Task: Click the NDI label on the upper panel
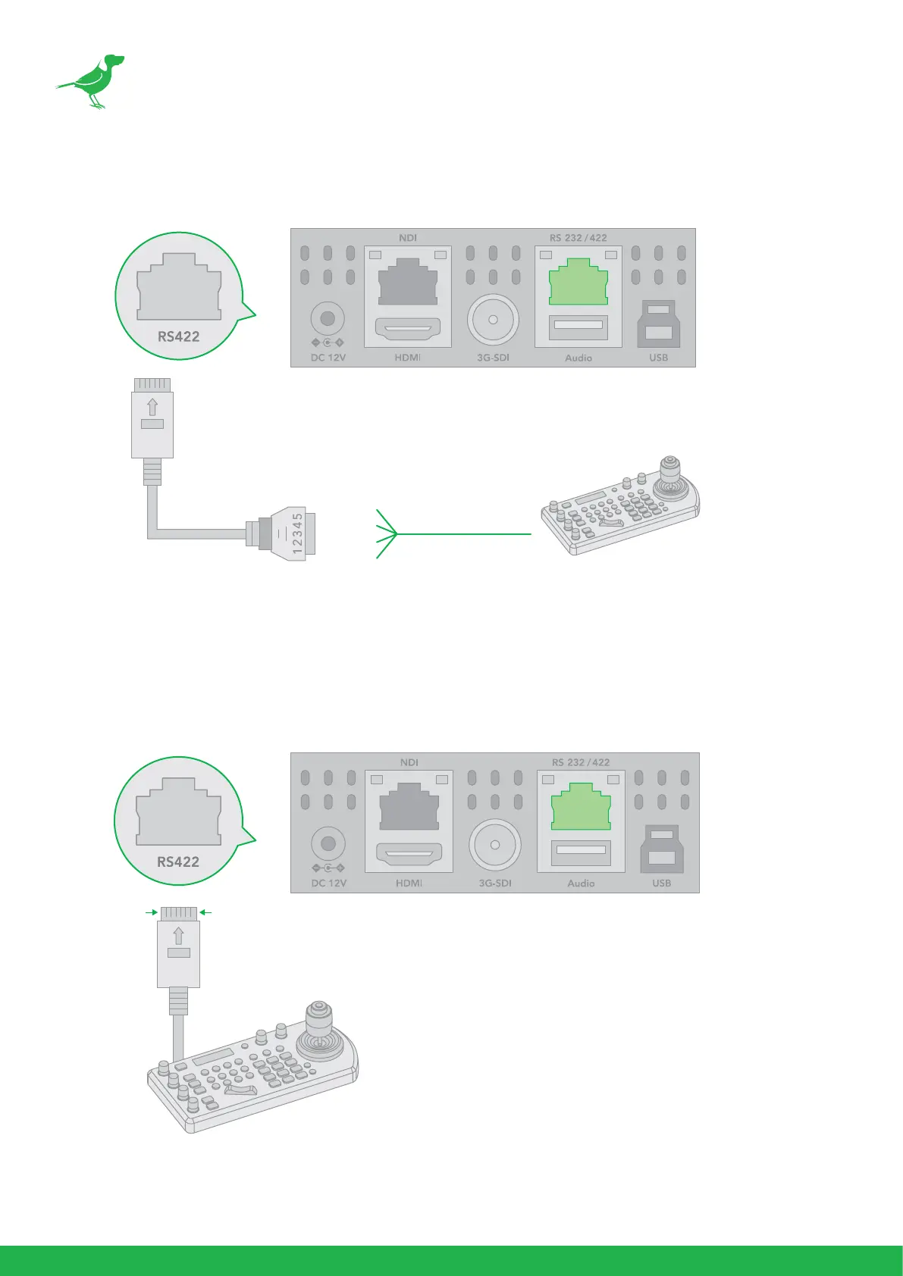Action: (x=408, y=238)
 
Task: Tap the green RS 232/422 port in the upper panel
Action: (x=578, y=281)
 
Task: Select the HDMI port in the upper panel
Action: (x=408, y=330)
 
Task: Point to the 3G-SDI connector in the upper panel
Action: (x=493, y=320)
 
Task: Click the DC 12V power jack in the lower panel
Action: (x=328, y=843)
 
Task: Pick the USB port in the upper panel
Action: (x=659, y=324)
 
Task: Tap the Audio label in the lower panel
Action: (x=581, y=884)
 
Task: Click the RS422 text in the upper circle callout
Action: (x=179, y=336)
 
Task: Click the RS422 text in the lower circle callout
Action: (x=178, y=862)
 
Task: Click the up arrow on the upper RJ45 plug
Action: (x=152, y=407)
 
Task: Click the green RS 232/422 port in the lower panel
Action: (x=581, y=807)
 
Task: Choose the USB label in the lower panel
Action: (x=661, y=884)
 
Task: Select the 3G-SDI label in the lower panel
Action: (x=494, y=884)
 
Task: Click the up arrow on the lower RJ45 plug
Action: (x=178, y=935)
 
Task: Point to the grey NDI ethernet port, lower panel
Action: (x=409, y=806)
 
